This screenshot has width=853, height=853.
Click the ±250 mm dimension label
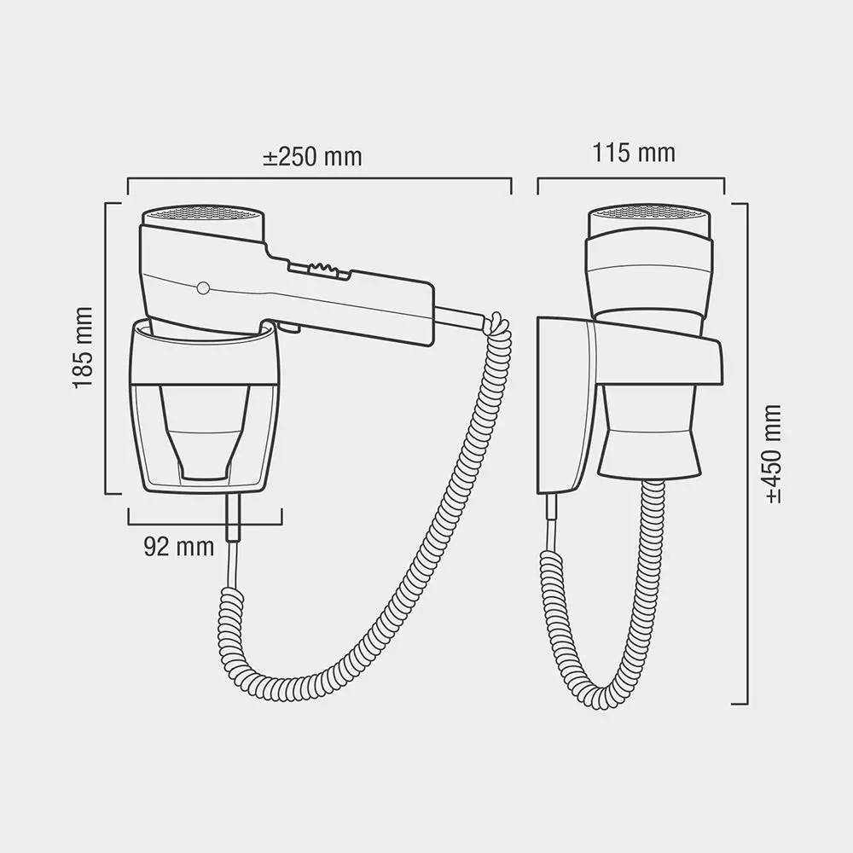click(x=312, y=157)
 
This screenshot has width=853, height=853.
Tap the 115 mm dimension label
click(x=634, y=153)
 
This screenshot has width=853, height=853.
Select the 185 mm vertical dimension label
click(x=84, y=348)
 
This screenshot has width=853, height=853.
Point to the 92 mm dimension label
click(x=179, y=546)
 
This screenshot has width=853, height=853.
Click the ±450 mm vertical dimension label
click(x=773, y=454)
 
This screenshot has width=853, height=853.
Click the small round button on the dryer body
click(x=203, y=288)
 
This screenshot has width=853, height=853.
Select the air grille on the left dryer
click(x=203, y=213)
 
